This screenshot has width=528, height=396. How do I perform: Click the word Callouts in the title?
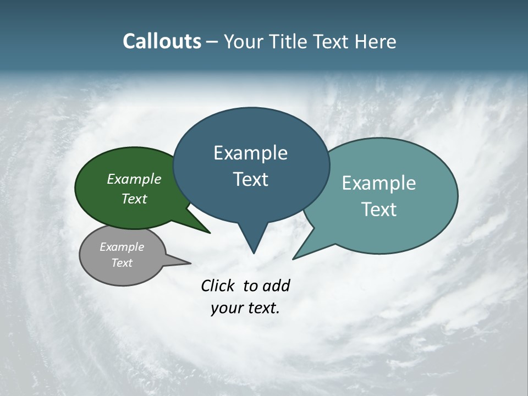coord(162,41)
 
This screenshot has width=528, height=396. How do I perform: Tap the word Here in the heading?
coord(375,41)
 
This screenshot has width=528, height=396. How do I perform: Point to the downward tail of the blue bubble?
coord(253,239)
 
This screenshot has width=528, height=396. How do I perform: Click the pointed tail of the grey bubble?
coord(179,260)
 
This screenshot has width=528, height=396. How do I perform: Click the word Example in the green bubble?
coord(134,179)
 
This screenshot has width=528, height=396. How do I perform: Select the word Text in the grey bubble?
coord(122,263)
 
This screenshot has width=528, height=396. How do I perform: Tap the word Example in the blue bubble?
coord(251,153)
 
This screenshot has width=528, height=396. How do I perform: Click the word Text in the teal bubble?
coord(379,210)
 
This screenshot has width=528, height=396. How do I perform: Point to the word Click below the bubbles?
coord(218,285)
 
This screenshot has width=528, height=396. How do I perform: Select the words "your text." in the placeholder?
coord(245,308)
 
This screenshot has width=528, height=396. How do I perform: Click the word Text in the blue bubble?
coord(251,179)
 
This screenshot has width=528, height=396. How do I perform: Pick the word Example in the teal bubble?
coord(379,183)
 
